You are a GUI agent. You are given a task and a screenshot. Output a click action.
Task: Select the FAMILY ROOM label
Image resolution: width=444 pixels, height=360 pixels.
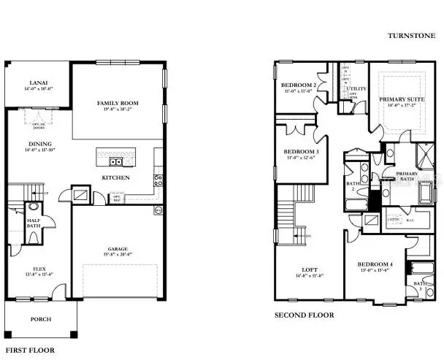click(x=118, y=104)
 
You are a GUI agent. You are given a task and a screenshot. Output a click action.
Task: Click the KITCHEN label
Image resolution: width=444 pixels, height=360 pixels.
click(x=116, y=177)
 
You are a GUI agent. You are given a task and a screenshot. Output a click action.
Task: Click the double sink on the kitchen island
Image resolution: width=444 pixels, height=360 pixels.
click(x=115, y=161)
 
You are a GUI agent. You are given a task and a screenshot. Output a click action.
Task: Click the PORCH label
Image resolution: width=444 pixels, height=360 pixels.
click(x=40, y=320)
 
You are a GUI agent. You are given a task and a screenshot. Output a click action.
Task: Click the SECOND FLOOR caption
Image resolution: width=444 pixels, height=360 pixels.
click(x=304, y=315)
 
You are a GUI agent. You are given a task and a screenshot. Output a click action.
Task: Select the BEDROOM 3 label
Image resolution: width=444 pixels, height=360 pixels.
click(x=299, y=152)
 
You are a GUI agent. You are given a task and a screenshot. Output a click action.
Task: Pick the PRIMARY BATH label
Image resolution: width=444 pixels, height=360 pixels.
click(x=406, y=176)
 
